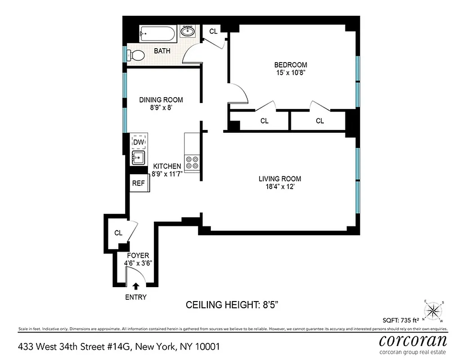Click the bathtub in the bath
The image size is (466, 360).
156,33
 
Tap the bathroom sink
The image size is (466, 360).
188,32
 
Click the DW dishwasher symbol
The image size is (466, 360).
139,142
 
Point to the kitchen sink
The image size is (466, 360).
138,158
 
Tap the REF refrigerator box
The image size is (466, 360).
139,183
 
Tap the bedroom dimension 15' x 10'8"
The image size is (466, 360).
291,72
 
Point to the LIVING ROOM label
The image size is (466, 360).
280,179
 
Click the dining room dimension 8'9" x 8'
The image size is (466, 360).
161,108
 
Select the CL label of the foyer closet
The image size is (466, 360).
118,233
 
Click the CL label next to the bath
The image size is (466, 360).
214,31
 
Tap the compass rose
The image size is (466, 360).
434,310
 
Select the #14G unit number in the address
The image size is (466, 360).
108,347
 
